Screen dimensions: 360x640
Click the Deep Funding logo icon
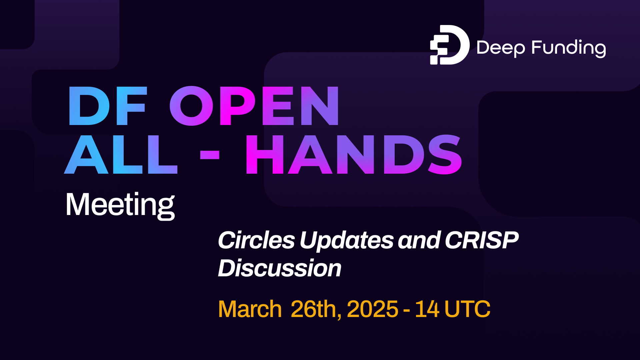tap(449, 45)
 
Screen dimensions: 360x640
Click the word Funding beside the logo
tap(569, 48)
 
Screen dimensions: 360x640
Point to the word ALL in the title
tap(121, 155)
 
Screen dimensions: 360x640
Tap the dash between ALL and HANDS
tap(210, 155)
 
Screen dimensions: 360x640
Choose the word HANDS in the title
tap(353, 155)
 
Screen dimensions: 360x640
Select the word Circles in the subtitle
tap(256, 240)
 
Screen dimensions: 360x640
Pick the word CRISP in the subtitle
tap(482, 240)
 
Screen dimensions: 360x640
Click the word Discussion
tap(280, 268)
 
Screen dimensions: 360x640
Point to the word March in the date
tap(250, 309)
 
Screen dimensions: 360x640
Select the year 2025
tap(372, 309)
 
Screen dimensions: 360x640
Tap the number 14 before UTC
tap(427, 309)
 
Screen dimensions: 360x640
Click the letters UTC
tap(467, 309)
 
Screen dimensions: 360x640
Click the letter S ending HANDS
tap(445, 155)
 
